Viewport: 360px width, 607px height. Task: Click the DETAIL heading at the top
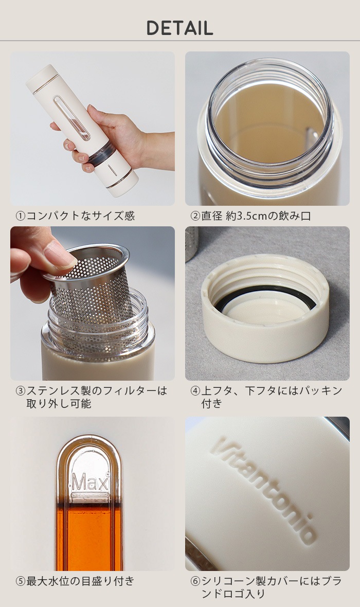(179, 28)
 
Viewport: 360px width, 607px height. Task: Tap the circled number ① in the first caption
(21, 216)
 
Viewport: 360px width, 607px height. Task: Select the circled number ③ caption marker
(21, 390)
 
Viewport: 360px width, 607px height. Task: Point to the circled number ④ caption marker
(195, 390)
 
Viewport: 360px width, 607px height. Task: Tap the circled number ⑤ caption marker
(21, 581)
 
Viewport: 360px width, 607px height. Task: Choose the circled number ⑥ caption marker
(195, 581)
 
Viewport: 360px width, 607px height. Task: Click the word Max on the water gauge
(89, 483)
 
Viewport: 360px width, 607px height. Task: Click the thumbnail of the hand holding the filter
(93, 303)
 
